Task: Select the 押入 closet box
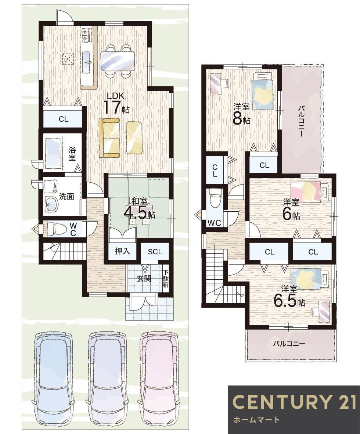pos(122,252)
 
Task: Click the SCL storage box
pos(155,252)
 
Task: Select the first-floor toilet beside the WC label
pos(56,229)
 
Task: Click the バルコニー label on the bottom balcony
pos(289,344)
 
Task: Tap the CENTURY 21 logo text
pos(294,402)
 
